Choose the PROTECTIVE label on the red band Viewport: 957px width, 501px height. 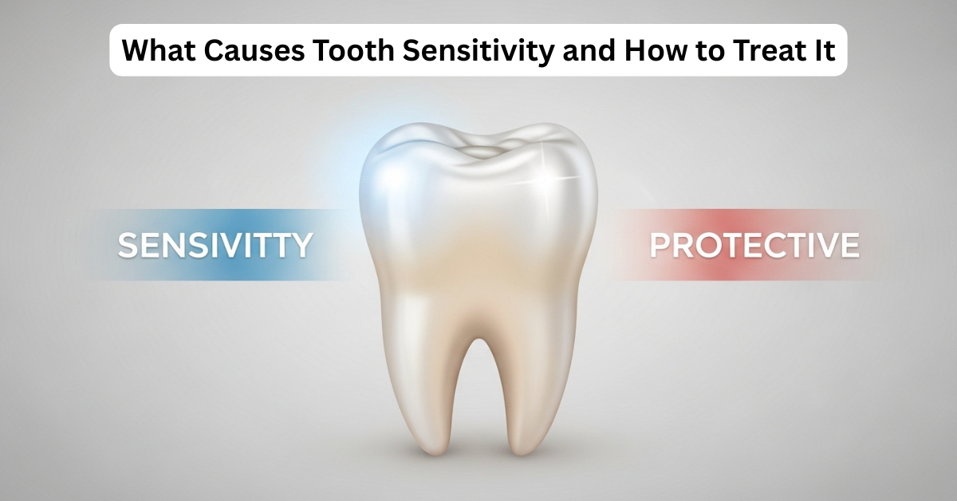754,245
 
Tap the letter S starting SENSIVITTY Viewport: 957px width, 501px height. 128,246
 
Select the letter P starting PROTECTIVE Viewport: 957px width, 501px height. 660,246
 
